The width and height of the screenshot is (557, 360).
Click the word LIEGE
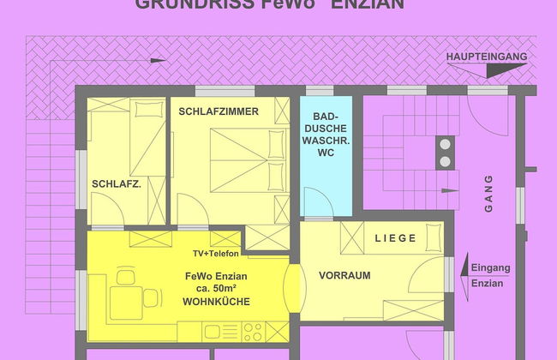(x=395, y=237)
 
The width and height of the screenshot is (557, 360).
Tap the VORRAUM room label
(x=344, y=276)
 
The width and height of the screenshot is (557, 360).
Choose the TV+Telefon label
(x=216, y=254)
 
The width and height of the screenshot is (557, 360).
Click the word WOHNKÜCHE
(x=216, y=302)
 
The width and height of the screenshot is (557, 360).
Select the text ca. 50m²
(x=216, y=289)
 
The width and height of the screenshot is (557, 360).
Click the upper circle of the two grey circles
(x=446, y=144)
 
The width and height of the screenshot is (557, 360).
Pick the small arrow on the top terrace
(x=157, y=60)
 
